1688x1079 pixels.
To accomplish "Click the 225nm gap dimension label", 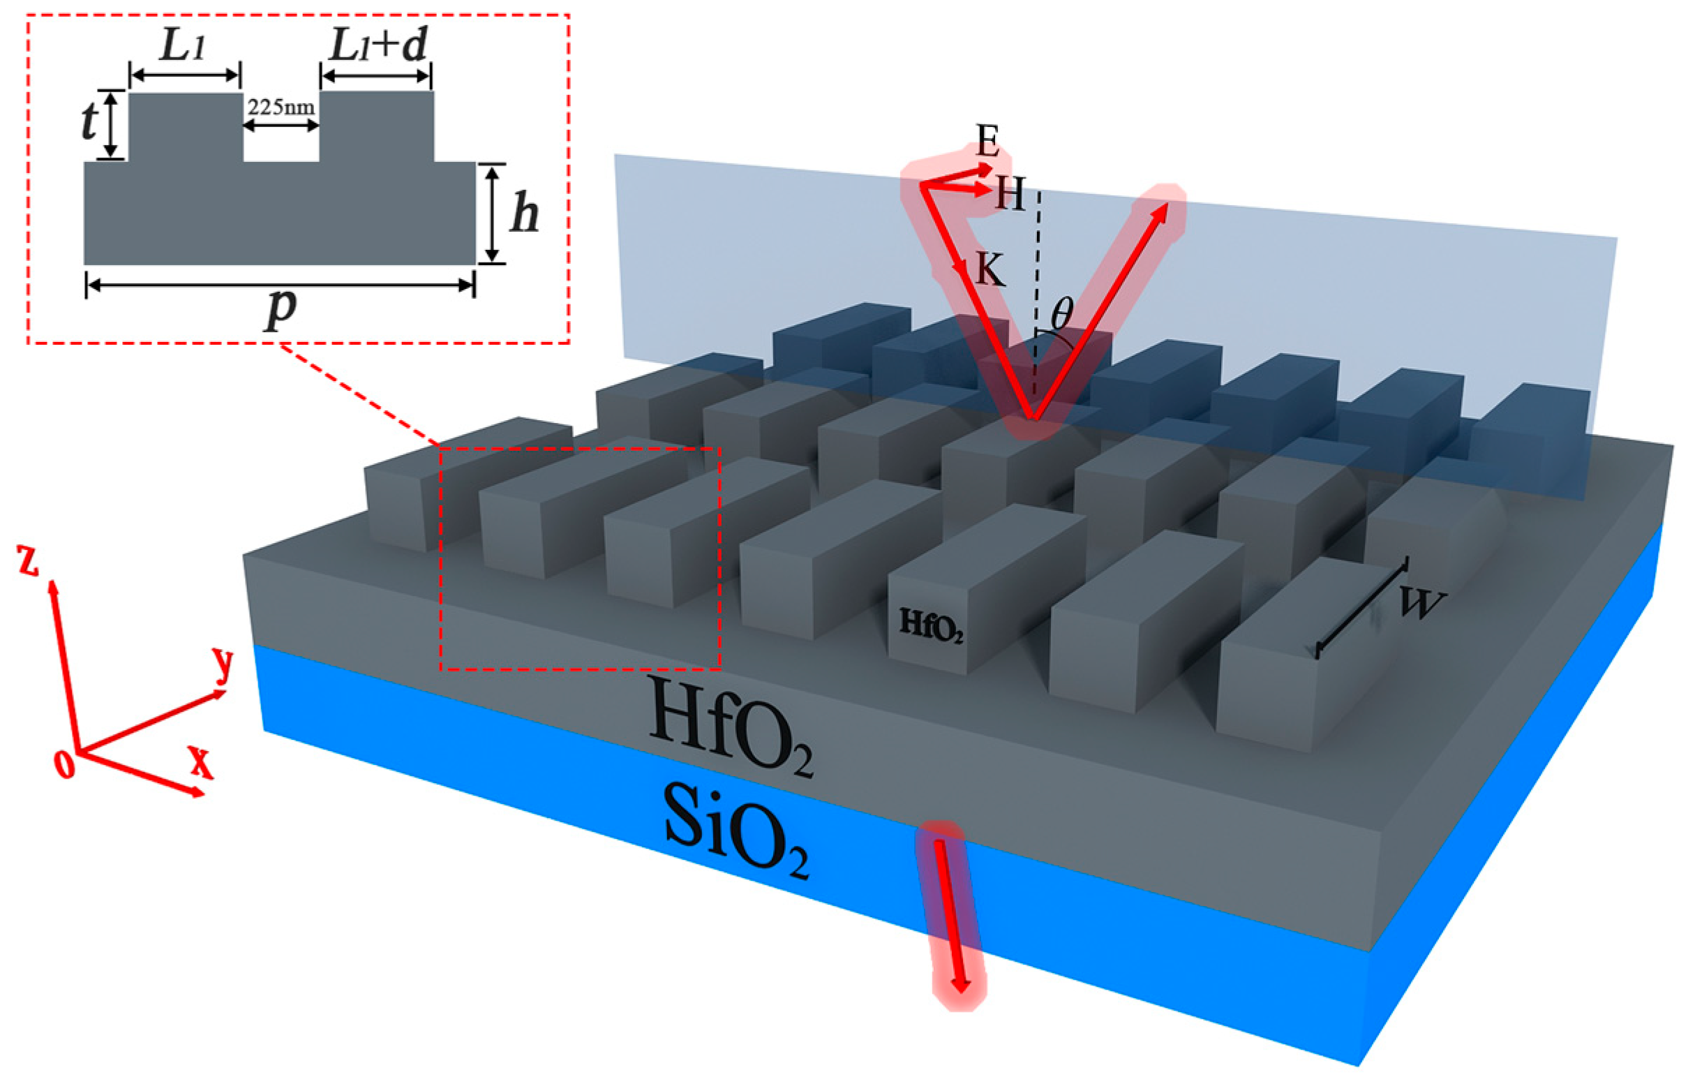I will [281, 108].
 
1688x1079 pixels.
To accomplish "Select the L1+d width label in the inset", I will [378, 47].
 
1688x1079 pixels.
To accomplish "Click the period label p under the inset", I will [281, 308].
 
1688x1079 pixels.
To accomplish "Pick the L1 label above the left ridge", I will [184, 46].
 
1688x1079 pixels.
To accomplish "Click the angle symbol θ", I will [1061, 314].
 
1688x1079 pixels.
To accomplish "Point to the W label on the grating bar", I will [1421, 604].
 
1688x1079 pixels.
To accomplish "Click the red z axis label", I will [29, 562].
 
